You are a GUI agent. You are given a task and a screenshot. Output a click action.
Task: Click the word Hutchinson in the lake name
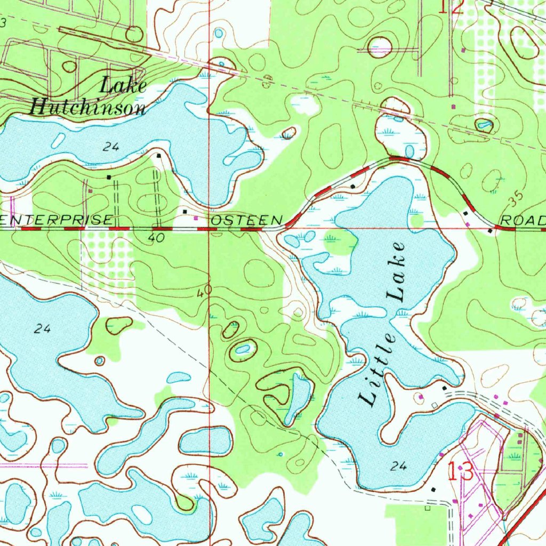pos(87,108)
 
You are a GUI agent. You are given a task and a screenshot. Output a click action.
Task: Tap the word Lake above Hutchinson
pos(124,85)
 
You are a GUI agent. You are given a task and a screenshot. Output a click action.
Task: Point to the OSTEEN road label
pos(246,220)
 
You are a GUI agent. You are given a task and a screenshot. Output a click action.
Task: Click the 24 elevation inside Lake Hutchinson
pos(111,147)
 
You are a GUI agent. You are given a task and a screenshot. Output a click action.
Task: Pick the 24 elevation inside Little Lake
pos(398,467)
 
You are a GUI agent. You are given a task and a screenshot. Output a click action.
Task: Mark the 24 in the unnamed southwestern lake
pos(42,329)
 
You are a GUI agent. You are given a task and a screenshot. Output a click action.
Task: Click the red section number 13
pos(460,472)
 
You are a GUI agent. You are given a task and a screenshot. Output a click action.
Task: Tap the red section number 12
pos(451,6)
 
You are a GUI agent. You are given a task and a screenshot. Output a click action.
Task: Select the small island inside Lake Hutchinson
pos(58,141)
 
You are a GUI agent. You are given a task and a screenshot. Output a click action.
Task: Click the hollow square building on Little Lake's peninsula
pos(434,406)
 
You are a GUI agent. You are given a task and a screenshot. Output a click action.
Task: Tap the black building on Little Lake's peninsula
pos(444,388)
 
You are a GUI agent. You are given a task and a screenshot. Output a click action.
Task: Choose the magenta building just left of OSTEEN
pos(196,218)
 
